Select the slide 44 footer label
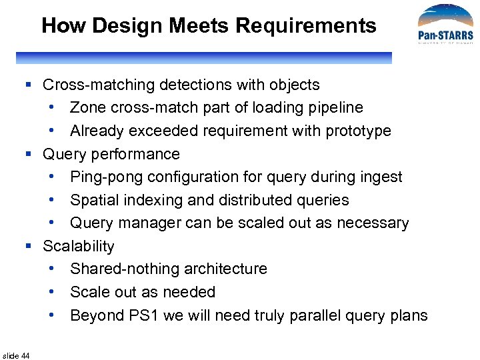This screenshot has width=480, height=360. click(16, 356)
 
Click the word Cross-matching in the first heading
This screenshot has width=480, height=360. click(93, 85)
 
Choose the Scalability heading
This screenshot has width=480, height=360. click(79, 246)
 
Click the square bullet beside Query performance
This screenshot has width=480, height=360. click(28, 154)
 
